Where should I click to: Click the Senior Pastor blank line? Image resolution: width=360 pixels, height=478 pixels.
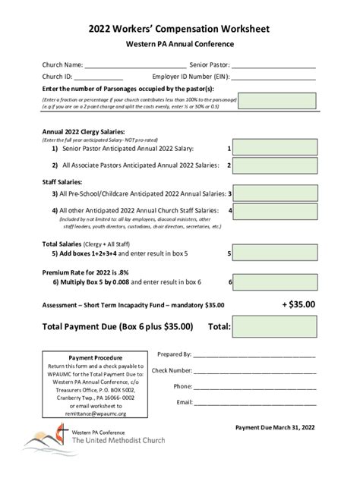point(273,66)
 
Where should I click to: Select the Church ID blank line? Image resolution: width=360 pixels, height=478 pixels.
point(98,78)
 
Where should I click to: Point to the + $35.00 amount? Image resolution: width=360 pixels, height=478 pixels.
point(298,304)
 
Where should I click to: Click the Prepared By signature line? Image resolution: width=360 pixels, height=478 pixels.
point(254,355)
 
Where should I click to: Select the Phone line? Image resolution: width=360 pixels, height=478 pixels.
point(254,387)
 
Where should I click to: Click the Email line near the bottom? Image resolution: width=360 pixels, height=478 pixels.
point(254,403)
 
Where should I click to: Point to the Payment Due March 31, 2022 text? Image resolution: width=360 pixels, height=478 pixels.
point(274,427)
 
